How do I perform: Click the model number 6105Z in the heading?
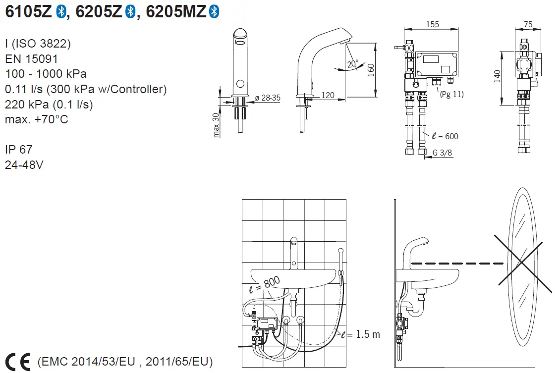(x=28, y=12)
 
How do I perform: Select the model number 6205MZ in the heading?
(x=176, y=12)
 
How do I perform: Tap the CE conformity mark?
(x=18, y=361)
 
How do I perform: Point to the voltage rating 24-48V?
(x=24, y=164)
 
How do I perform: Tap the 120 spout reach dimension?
(x=328, y=95)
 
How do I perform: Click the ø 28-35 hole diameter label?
(x=268, y=98)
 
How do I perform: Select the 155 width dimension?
(x=433, y=25)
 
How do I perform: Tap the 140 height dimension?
(x=497, y=76)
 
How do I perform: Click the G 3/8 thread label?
(x=442, y=153)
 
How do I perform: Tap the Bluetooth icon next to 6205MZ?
(x=214, y=12)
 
